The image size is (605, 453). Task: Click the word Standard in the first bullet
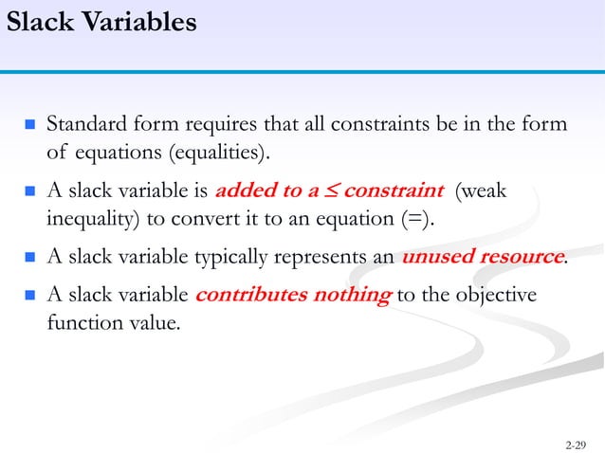click(86, 124)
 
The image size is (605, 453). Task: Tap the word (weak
click(482, 191)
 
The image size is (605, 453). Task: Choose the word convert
click(201, 220)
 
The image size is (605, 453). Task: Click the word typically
click(233, 256)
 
